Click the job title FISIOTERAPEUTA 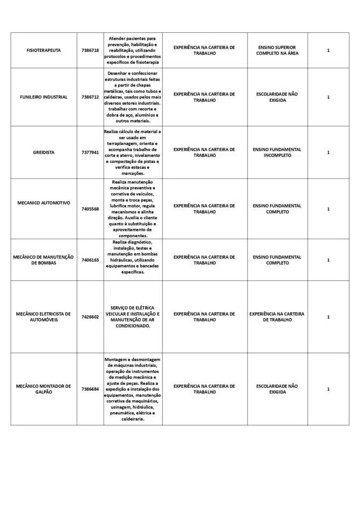pos(43,50)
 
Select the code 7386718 pos(90,50)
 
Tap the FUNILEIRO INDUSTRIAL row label pos(43,97)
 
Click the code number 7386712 pos(90,97)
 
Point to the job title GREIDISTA pos(43,153)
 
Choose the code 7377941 pos(90,153)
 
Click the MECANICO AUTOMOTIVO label pos(43,203)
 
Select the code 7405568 pos(90,209)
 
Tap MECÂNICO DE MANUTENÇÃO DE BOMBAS pos(43,260)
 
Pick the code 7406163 pos(90,260)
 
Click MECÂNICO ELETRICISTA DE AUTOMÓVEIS pos(43,317)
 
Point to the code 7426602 pos(90,317)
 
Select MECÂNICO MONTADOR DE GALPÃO pos(43,389)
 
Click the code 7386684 pos(90,389)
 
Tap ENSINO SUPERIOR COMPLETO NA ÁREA pos(277,50)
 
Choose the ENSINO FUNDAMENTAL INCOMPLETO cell pos(277,153)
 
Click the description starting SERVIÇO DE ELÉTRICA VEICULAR pos(133,317)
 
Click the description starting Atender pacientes pos(133,50)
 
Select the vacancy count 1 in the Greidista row pos(328,153)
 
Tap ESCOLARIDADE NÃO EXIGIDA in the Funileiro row pos(277,97)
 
